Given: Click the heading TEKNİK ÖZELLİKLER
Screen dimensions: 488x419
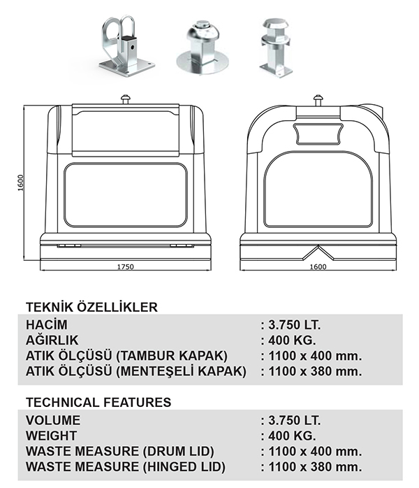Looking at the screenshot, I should pyautogui.click(x=91, y=307).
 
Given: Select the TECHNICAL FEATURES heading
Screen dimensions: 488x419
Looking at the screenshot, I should pyautogui.click(x=98, y=403).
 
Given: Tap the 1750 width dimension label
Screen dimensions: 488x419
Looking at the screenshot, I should pyautogui.click(x=125, y=267).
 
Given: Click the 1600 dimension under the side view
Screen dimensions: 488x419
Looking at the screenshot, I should pyautogui.click(x=318, y=267).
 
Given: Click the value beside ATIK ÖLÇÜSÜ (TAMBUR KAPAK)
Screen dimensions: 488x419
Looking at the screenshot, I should pyautogui.click(x=311, y=356).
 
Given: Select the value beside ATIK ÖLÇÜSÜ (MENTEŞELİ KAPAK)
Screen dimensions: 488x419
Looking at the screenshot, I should pyautogui.click(x=311, y=371).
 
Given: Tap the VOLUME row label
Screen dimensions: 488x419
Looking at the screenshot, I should pyautogui.click(x=53, y=421).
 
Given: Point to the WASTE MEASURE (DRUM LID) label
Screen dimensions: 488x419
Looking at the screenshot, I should pyautogui.click(x=119, y=452).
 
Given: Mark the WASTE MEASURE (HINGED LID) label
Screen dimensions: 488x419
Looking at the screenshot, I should pyautogui.click(x=125, y=467).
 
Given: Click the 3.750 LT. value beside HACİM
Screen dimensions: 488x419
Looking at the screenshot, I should pyautogui.click(x=291, y=325).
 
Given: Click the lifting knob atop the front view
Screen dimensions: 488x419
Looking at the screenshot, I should pyautogui.click(x=126, y=99).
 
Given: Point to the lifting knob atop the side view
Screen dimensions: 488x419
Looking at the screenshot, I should pyautogui.click(x=318, y=99).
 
